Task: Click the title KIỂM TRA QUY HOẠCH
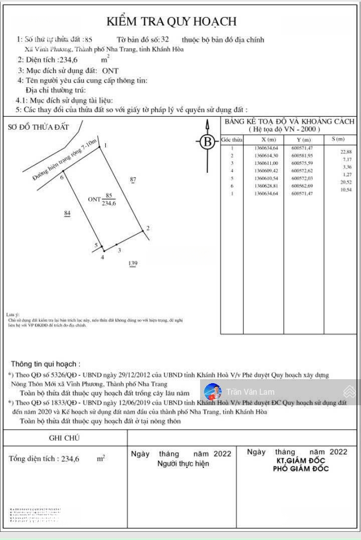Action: point(171,22)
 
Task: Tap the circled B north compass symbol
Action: point(207,142)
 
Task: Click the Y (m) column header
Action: point(303,140)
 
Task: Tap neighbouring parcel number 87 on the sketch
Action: point(132,179)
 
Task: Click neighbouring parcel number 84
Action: point(68,213)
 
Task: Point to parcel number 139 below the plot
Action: point(132,263)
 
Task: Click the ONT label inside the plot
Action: point(94,199)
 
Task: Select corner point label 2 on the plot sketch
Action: point(147,229)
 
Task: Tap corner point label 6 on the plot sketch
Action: point(62,177)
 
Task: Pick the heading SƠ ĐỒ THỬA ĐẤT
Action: point(38,127)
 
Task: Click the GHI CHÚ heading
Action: point(64,438)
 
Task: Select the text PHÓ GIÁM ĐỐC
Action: point(301,469)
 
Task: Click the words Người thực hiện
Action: point(183,464)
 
